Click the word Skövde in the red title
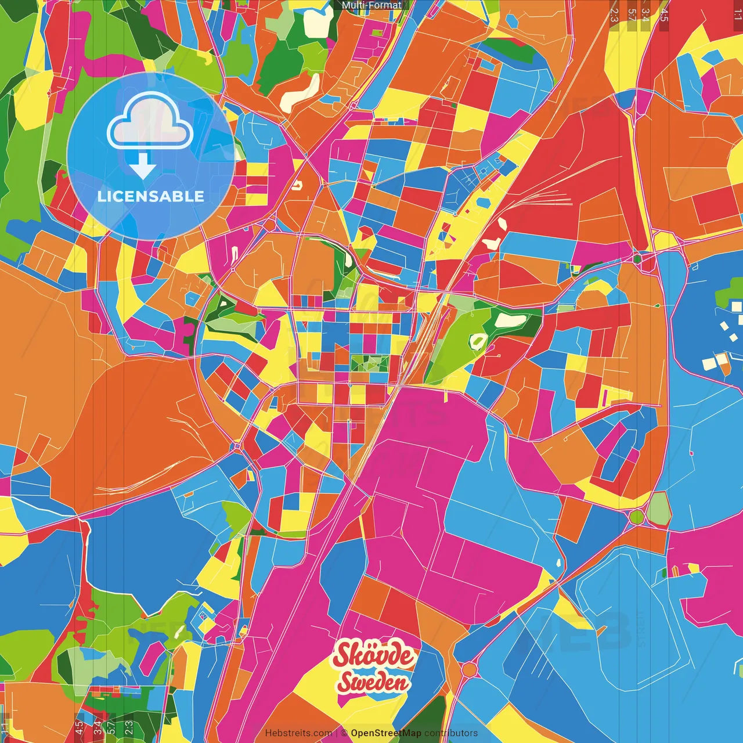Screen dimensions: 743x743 point(374,656)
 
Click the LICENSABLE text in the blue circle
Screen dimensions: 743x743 point(151,196)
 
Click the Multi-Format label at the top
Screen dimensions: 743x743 point(371,5)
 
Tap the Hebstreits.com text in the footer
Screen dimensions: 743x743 point(298,733)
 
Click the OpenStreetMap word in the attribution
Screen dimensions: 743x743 point(386,733)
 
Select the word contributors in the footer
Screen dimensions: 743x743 point(451,733)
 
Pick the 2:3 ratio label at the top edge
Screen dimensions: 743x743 point(614,15)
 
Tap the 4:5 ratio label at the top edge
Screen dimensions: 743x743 point(664,15)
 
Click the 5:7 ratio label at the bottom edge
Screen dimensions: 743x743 point(112,726)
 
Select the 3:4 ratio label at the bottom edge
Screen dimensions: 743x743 point(97,726)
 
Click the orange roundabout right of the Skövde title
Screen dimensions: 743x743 point(469,670)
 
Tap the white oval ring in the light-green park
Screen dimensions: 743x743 point(479,341)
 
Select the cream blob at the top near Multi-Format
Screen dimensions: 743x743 point(315,21)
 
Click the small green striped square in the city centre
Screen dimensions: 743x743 point(370,363)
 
